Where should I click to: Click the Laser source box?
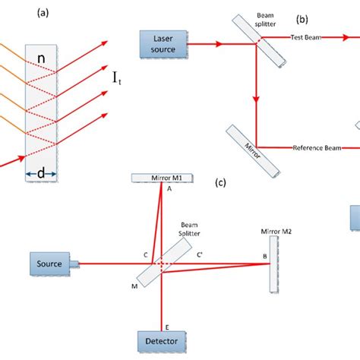(x=162, y=43)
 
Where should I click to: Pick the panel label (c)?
(x=220, y=182)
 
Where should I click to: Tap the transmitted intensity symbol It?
(x=118, y=77)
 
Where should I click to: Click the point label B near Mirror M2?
(x=264, y=256)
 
